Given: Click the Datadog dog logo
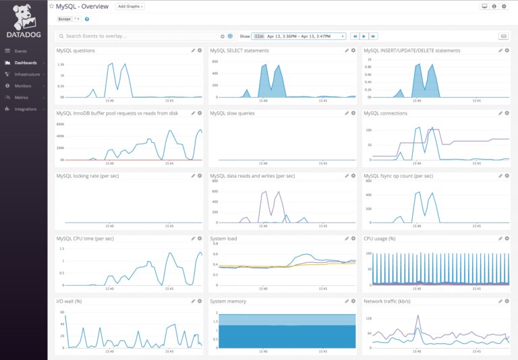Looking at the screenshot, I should [23, 14].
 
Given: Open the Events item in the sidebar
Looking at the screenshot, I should [20, 51].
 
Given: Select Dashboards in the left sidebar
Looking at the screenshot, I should [26, 63].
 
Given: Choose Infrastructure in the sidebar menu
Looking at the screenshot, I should [27, 74].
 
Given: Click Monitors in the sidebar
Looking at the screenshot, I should [22, 86].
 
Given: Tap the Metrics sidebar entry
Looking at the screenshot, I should [21, 97].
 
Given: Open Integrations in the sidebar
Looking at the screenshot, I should [25, 109].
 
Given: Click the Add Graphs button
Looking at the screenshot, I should [130, 6].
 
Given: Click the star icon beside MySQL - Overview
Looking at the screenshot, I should [51, 6].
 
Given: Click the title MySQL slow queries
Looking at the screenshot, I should [232, 113].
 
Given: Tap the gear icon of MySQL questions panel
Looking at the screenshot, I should [200, 51].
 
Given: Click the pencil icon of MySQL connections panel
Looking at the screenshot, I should [500, 113].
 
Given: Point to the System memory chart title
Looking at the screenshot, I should [228, 301].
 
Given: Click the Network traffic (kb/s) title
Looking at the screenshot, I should [387, 301].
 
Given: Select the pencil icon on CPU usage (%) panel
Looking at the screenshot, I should [500, 239].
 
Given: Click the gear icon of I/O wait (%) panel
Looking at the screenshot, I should [200, 301].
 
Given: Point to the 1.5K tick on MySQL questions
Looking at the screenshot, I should [60, 65].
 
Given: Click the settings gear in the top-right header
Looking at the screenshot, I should [503, 6].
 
